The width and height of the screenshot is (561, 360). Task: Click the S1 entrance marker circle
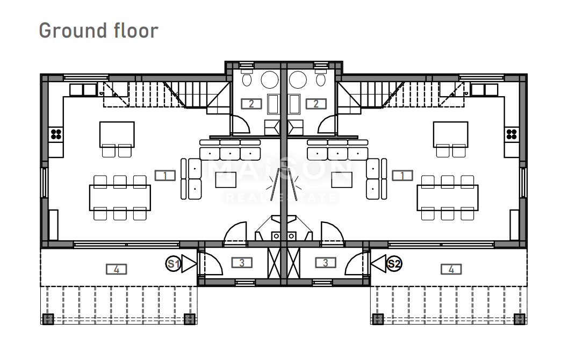[x=173, y=264]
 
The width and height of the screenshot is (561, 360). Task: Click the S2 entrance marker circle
[x=394, y=264]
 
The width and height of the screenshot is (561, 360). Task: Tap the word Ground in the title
[x=71, y=30]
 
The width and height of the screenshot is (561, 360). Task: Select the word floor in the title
[x=134, y=30]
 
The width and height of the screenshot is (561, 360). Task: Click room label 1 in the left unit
[x=165, y=175]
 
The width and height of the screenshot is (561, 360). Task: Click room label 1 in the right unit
[x=402, y=175]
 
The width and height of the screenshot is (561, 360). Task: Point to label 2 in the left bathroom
[x=251, y=104]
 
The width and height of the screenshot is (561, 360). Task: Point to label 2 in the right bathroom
[x=315, y=104]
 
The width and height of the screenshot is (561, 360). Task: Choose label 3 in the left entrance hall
[x=242, y=263]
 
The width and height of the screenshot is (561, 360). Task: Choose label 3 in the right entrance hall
[x=325, y=263]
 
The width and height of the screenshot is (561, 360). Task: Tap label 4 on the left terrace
[x=116, y=269]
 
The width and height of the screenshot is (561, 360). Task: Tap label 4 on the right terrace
[x=451, y=269]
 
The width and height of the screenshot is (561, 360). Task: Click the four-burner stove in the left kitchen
[x=56, y=133]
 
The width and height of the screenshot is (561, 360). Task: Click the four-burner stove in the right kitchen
[x=512, y=133]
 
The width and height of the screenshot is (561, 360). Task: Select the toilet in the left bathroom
[x=247, y=79]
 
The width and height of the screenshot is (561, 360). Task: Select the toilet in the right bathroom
[x=320, y=79]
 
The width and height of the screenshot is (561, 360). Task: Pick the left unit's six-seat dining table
[x=120, y=198]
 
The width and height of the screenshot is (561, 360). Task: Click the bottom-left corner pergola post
[x=48, y=319]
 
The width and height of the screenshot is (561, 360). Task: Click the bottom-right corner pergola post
[x=520, y=319]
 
